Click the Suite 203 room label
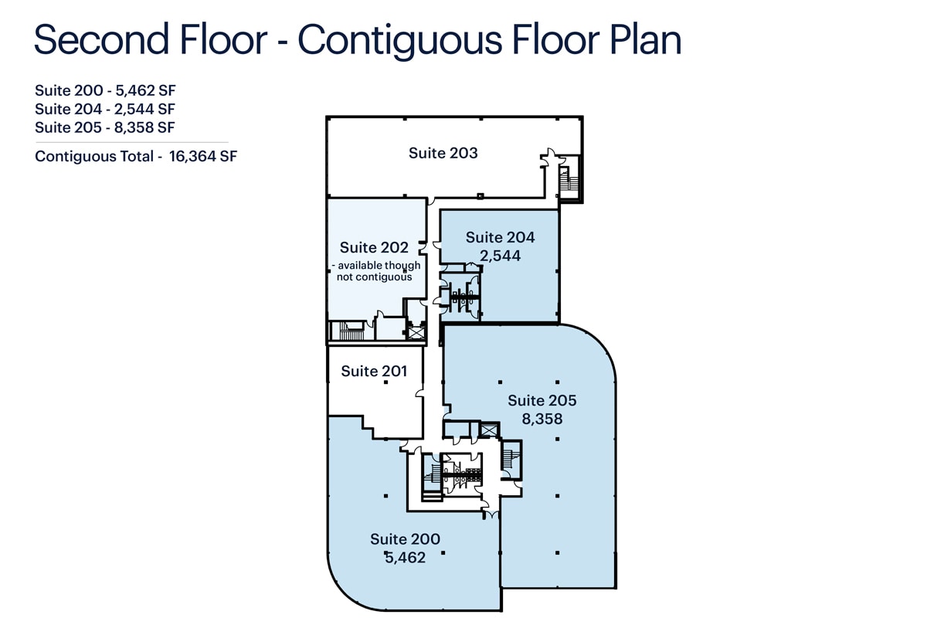click(x=443, y=153)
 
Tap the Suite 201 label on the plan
click(x=374, y=372)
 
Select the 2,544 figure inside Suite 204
click(x=500, y=256)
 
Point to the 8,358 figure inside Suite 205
click(x=542, y=419)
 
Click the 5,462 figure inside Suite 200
click(x=405, y=558)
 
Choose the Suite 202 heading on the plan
click(x=374, y=247)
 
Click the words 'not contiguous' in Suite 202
click(x=374, y=277)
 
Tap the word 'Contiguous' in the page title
click(x=400, y=40)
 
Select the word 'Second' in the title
click(x=101, y=39)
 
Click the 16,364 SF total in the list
click(x=202, y=157)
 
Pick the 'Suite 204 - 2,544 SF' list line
click(x=105, y=109)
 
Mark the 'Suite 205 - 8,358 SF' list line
click(x=105, y=127)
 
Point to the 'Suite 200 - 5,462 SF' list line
click(x=105, y=90)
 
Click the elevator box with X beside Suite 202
click(x=416, y=332)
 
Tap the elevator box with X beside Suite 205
click(x=489, y=430)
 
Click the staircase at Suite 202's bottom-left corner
click(x=350, y=331)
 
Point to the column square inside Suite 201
click(x=385, y=382)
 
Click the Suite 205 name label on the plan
click(x=542, y=401)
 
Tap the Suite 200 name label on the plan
click(x=405, y=539)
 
